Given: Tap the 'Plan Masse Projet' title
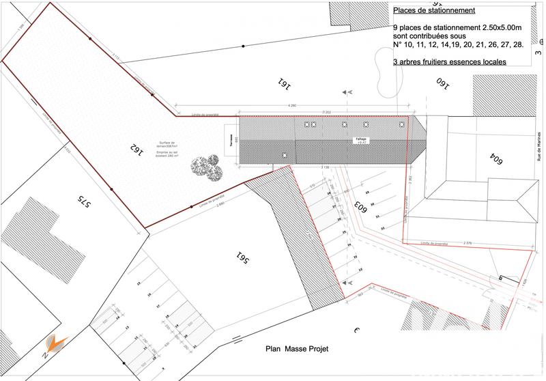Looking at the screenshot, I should [297, 349].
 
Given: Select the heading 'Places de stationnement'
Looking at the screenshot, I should [434, 11].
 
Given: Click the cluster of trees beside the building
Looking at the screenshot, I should [207, 167].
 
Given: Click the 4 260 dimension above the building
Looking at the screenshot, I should [292, 106].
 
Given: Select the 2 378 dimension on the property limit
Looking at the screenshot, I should [467, 242].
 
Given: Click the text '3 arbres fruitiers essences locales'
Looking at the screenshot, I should [450, 61].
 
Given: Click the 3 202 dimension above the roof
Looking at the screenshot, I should [326, 111].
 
